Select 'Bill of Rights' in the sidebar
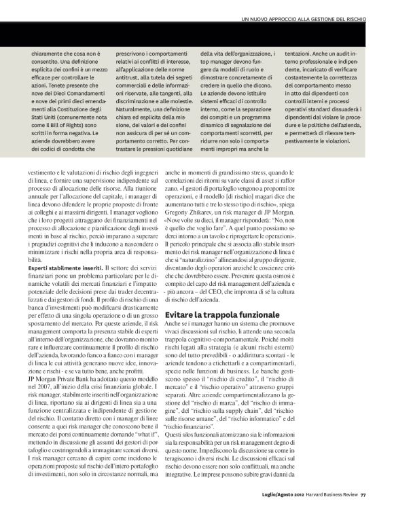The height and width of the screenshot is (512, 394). tap(73, 124)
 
